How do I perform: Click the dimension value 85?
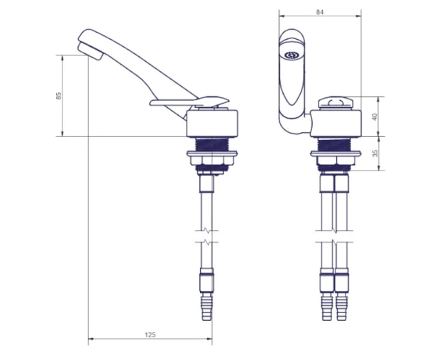coord(58,96)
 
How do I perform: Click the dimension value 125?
coord(150,334)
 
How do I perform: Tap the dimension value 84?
coord(320,12)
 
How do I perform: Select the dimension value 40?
coord(375,116)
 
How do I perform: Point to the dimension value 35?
coord(375,153)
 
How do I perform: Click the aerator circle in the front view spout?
coord(291,55)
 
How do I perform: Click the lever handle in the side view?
coord(189,101)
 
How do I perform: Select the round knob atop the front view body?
coord(334,102)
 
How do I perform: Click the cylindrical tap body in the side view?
coord(212,124)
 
